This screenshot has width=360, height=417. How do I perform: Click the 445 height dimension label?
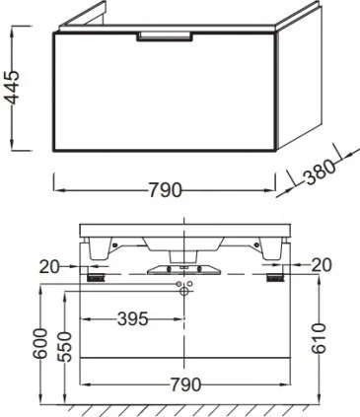14,88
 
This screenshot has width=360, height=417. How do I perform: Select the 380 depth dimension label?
320,171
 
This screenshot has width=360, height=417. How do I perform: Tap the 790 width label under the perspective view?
165,190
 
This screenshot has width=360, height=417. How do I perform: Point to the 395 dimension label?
133,318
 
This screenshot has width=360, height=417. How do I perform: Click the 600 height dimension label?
40,343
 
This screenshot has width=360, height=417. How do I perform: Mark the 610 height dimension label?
319,338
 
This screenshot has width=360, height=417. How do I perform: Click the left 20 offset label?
49,267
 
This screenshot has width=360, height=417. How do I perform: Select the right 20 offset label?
322,265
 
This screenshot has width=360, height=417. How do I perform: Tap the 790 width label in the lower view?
185,384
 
